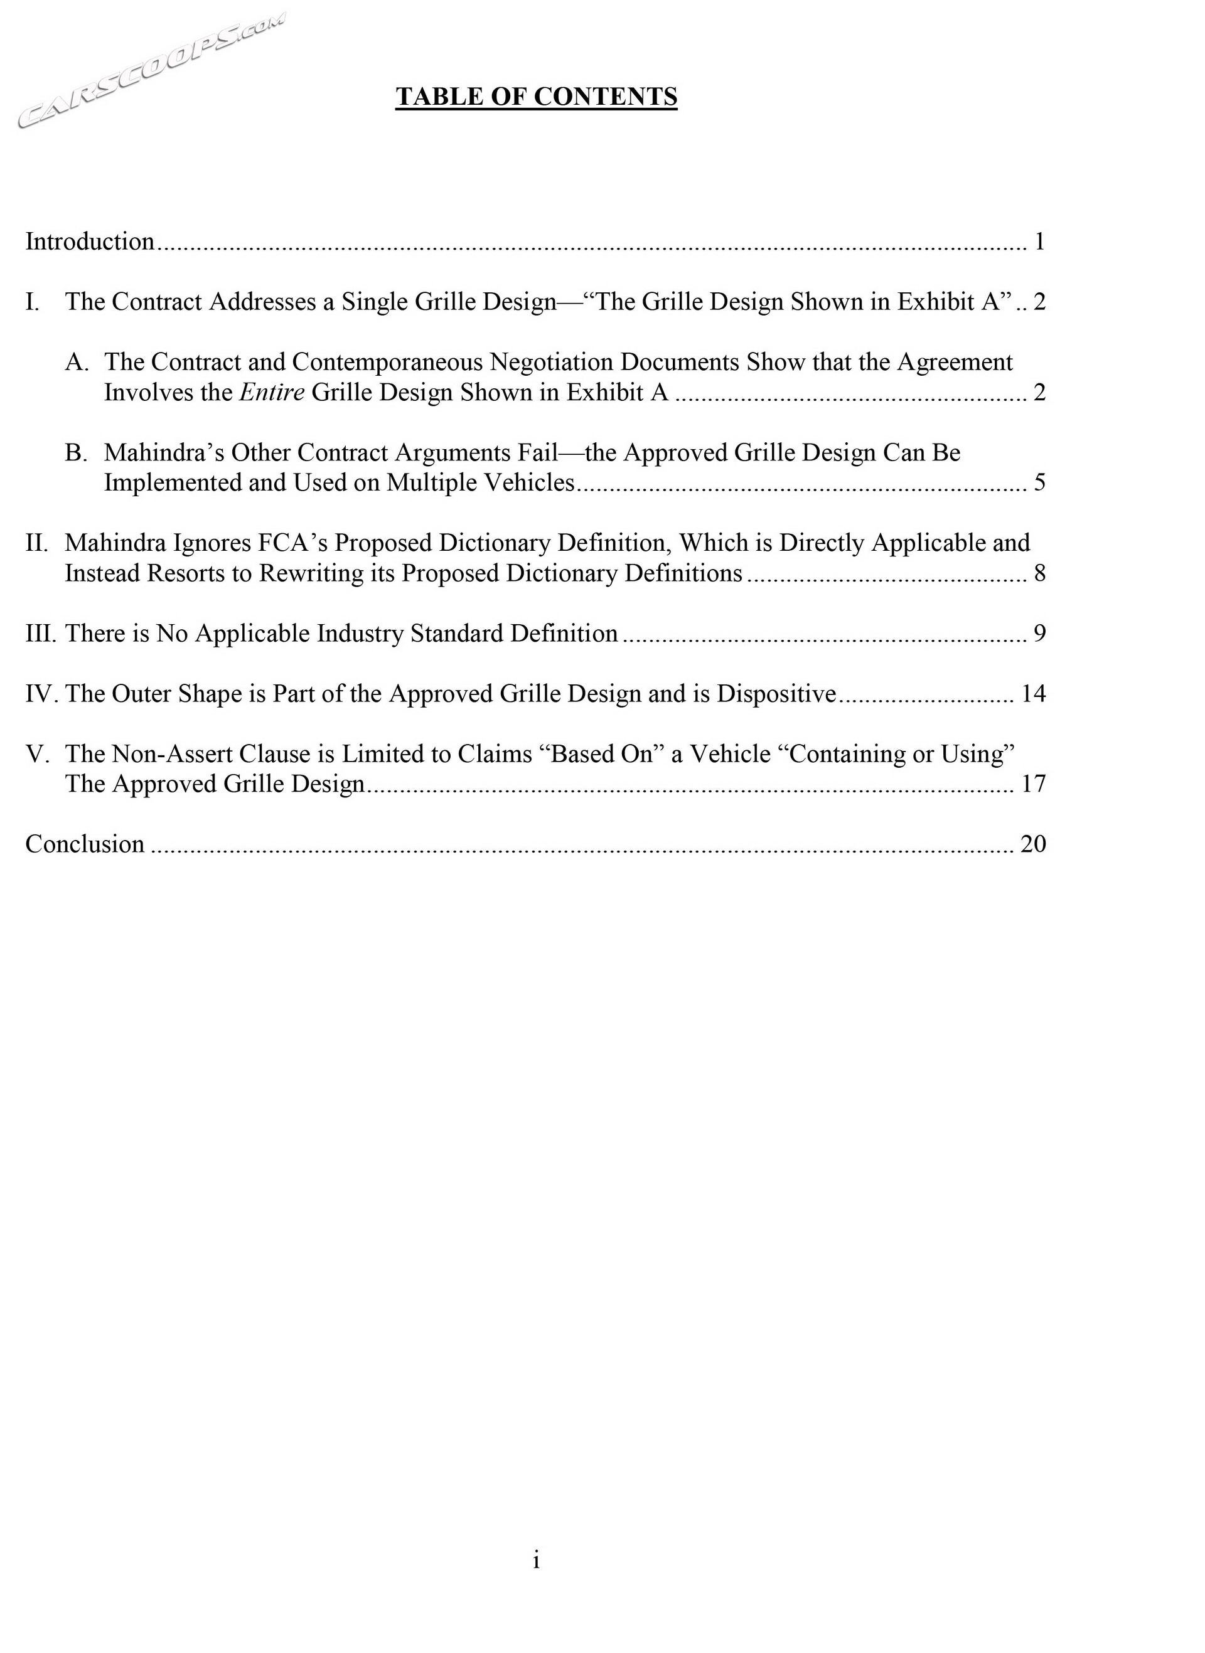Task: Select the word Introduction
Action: pos(90,242)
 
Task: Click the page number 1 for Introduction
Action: pos(1039,242)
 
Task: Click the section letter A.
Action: pos(77,362)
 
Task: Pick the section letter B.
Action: pos(76,452)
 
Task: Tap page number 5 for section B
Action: pos(1039,482)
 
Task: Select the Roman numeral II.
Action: pos(37,543)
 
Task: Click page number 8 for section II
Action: pos(1039,573)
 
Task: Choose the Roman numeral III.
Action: pos(41,633)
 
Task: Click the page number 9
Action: pos(1039,633)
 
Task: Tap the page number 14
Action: pos(1033,693)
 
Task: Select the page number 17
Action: pos(1033,784)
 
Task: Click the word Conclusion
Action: pos(85,844)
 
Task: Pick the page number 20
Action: pos(1033,844)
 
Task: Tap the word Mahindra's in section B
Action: pos(164,452)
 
